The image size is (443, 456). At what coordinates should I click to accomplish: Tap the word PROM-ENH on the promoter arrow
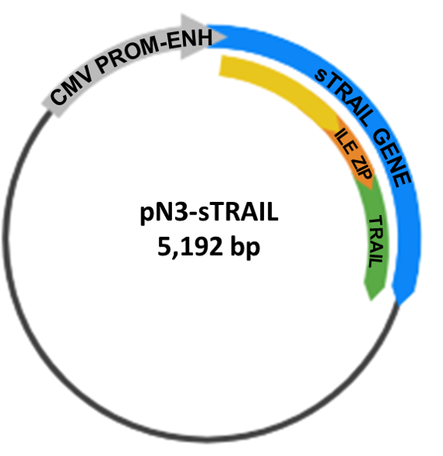point(154,49)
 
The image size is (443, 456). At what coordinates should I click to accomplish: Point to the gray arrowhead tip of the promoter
point(226,37)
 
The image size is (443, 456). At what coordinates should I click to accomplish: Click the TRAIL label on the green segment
point(377,242)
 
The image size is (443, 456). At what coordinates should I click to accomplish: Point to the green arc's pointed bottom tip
point(371,300)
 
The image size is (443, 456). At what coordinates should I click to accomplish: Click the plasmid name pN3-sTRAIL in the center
point(209,212)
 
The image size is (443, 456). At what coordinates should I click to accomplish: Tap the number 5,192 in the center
point(190,246)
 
